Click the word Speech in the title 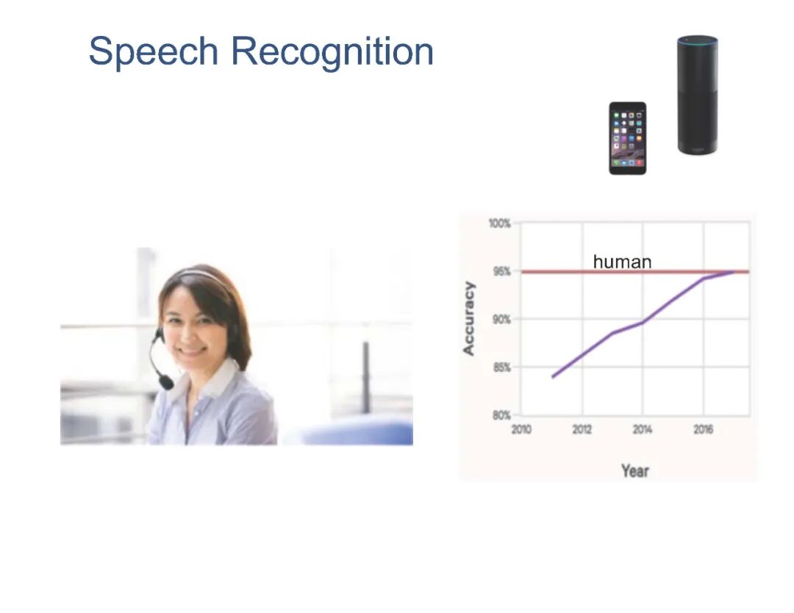[154, 51]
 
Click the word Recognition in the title [332, 51]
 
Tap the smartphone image [627, 138]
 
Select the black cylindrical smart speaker [697, 95]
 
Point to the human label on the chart [622, 262]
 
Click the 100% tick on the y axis [500, 223]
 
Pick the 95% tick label [502, 272]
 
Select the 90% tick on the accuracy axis [502, 320]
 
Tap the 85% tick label [502, 367]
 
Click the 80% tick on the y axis [502, 415]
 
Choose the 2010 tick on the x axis [521, 429]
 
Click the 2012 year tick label [582, 429]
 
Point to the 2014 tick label [643, 429]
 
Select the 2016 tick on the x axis [704, 429]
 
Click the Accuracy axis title [469, 318]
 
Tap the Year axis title [635, 470]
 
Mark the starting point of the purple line [552, 377]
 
